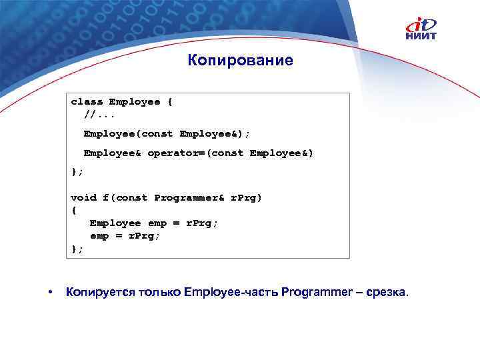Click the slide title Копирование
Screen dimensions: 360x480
pos(240,61)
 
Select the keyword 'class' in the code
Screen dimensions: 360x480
pos(87,102)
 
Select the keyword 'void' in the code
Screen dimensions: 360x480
pos(83,197)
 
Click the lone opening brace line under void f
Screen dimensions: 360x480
pos(73,210)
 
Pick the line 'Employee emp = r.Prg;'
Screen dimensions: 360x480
pos(153,223)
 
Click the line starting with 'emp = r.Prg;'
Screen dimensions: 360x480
pos(125,236)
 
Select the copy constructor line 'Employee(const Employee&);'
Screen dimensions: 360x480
pos(167,133)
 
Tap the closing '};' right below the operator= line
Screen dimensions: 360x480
pos(77,172)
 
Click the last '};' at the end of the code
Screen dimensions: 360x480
pos(77,249)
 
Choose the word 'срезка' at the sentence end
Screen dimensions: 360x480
pos(390,293)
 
